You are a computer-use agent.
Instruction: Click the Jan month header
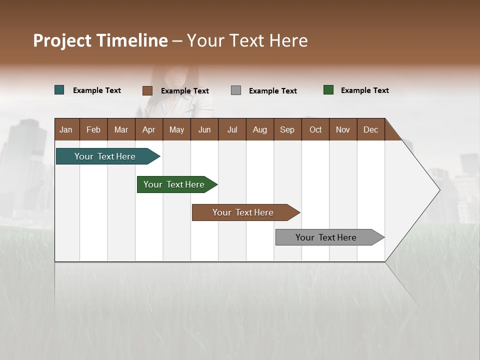(66, 129)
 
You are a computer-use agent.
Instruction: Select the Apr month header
(149, 129)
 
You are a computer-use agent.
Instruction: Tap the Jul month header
(232, 129)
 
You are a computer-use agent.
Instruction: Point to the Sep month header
(287, 129)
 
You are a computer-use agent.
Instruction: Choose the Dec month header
(370, 129)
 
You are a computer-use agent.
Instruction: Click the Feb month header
(93, 129)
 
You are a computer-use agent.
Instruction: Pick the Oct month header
(315, 129)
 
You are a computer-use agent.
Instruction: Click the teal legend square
(59, 90)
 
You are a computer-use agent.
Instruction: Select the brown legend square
(147, 90)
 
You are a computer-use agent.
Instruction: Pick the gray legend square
(236, 90)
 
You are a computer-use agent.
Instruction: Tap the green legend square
(328, 90)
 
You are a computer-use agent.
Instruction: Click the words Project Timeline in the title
(100, 40)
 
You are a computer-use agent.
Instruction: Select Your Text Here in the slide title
(247, 40)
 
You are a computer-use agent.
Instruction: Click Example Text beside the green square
(364, 90)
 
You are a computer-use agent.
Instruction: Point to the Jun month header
(204, 129)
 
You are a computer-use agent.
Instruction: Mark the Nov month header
(343, 129)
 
